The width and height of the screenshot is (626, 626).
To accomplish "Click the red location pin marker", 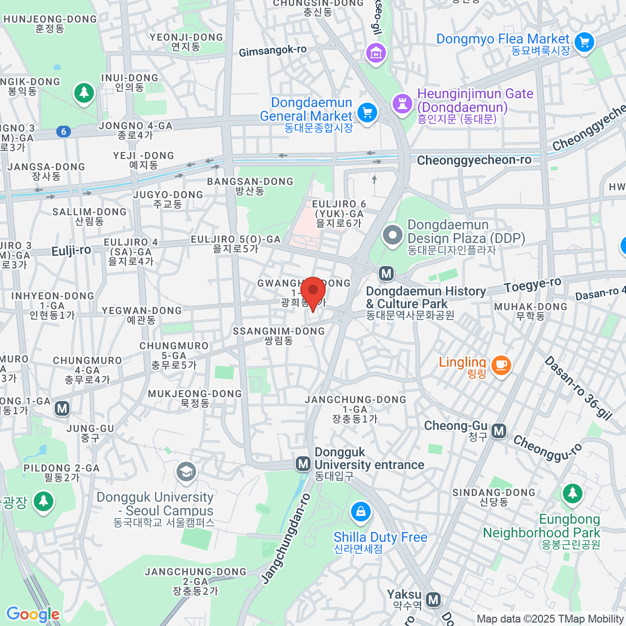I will [x=313, y=290].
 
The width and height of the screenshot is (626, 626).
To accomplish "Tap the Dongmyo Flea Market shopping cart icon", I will [x=584, y=42].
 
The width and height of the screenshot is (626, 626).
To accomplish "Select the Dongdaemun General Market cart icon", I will [x=367, y=112].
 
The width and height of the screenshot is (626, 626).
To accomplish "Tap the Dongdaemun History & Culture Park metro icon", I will [x=386, y=273].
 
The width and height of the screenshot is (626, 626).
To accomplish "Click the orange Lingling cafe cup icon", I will [x=501, y=365].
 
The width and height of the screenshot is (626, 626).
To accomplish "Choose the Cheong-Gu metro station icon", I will [x=499, y=430].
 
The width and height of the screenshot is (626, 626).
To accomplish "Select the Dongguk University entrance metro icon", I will [x=303, y=463].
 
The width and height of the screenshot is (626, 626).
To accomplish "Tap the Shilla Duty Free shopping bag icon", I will [x=360, y=512].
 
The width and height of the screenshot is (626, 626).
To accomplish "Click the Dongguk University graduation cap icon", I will [x=186, y=472].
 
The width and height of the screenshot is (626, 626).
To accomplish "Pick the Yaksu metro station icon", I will [x=433, y=599].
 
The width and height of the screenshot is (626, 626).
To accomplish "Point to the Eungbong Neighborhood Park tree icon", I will [x=572, y=493].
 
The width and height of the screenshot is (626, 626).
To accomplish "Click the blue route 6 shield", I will [x=64, y=131].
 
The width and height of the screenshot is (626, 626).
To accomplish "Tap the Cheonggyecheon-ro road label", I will [x=474, y=160].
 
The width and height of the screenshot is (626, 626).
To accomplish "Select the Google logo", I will [x=32, y=615].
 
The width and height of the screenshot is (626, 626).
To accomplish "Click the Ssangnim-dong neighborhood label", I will [x=279, y=335].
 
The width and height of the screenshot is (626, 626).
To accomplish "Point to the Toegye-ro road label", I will [x=533, y=285].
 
